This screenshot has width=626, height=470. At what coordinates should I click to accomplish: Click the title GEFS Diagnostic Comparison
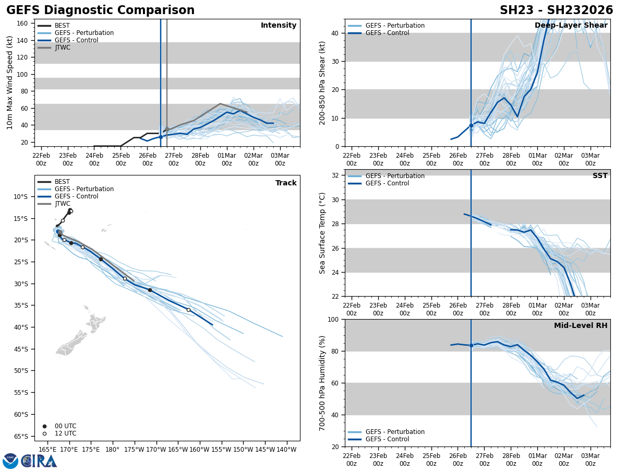(100, 10)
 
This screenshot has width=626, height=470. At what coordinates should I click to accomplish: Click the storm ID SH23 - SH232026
(556, 10)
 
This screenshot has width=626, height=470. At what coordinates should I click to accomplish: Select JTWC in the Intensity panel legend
(62, 48)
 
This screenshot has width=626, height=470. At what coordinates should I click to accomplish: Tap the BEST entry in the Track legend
(62, 182)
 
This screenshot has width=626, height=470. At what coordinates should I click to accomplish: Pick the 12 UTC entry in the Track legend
(65, 433)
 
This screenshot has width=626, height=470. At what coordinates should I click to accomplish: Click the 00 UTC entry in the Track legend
(65, 426)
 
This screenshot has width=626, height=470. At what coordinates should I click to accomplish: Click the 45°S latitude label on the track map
(21, 349)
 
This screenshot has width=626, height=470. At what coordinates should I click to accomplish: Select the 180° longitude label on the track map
(112, 449)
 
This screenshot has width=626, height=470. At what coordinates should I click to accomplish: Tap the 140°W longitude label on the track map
(286, 449)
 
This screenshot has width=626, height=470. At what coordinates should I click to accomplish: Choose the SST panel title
(600, 176)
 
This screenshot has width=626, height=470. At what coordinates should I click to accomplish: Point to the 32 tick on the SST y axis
(336, 175)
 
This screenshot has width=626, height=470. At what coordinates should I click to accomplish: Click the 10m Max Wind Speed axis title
(10, 83)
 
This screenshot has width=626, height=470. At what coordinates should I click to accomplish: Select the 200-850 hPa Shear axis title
(322, 83)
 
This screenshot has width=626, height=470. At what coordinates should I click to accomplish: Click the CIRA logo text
(39, 461)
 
